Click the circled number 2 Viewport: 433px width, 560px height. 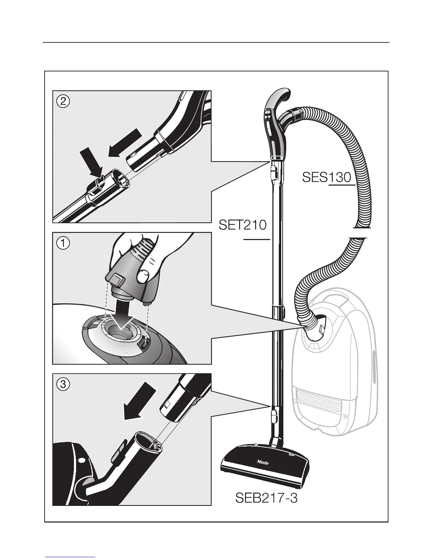(63, 102)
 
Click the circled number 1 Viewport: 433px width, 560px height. (63, 243)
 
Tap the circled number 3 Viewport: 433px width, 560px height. (63, 384)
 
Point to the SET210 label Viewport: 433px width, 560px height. (243, 225)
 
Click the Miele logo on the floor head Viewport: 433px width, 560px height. (262, 462)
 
